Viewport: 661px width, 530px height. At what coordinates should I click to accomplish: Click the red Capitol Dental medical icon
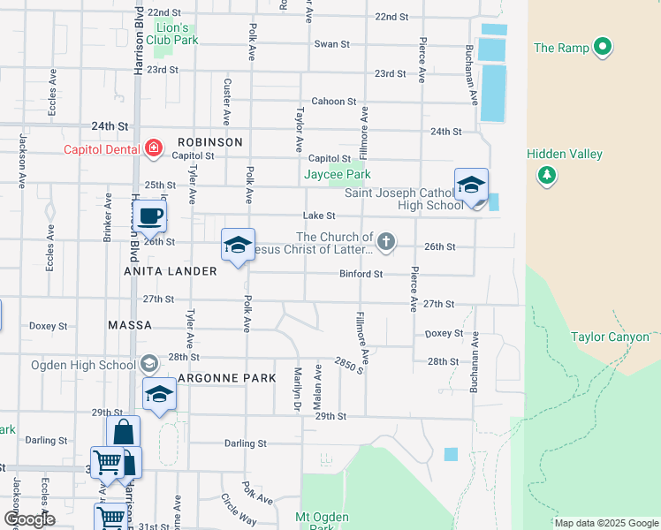153,148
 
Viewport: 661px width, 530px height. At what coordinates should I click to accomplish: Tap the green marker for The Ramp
604,47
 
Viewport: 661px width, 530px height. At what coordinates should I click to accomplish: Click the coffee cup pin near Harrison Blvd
150,216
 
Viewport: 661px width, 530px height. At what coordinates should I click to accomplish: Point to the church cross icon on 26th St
385,241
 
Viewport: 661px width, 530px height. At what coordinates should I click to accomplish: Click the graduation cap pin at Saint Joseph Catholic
471,185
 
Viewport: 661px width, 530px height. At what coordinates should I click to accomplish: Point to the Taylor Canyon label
610,337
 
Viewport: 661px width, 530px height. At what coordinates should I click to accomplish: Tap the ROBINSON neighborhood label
209,142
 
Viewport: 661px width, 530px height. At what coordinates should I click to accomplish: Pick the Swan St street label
332,44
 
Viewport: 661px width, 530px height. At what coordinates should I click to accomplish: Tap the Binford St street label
361,274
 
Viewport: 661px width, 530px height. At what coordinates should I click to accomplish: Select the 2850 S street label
348,365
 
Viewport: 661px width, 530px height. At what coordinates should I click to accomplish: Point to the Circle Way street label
239,510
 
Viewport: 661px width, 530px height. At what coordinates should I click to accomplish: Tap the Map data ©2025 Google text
605,523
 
